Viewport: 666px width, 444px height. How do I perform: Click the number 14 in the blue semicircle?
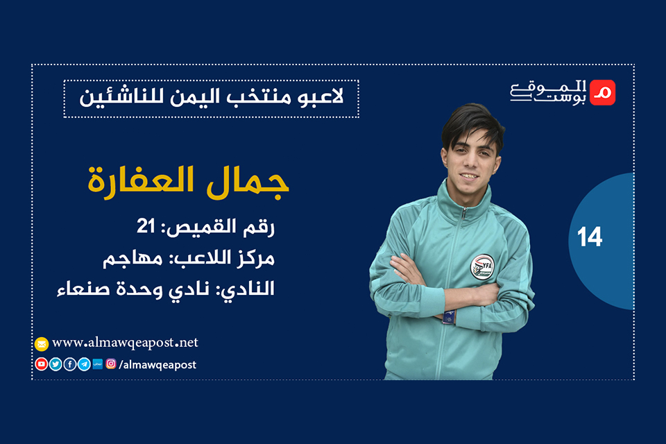pyautogui.click(x=590, y=238)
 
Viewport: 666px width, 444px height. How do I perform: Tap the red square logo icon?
pyautogui.click(x=601, y=92)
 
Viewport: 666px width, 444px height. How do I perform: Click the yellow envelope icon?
pyautogui.click(x=42, y=344)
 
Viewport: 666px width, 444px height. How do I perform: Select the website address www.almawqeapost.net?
pyautogui.click(x=125, y=343)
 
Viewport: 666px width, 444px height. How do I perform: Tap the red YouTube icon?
pyautogui.click(x=42, y=364)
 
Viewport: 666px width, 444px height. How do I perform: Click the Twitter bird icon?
pyautogui.click(x=55, y=364)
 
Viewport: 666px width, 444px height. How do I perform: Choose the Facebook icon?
pyautogui.click(x=70, y=364)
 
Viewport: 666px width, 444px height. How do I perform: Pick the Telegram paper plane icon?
pyautogui.click(x=84, y=364)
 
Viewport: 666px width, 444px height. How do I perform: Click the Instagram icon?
pyautogui.click(x=111, y=364)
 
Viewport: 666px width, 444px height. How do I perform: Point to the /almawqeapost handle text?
pyautogui.click(x=157, y=364)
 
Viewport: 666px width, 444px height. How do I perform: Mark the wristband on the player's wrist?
pyautogui.click(x=448, y=317)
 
